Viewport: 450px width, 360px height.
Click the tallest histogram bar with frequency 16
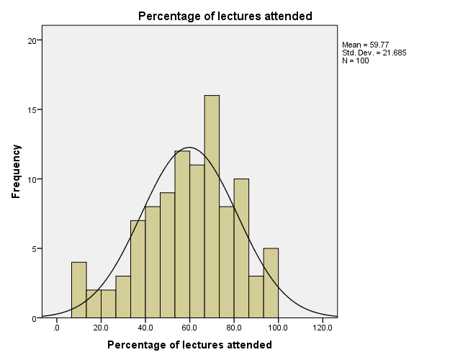pyautogui.click(x=212, y=209)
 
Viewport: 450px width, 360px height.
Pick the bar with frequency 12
pyautogui.click(x=182, y=235)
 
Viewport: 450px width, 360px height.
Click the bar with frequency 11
pyautogui.click(x=197, y=242)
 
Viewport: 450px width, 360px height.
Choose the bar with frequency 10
pyautogui.click(x=241, y=248)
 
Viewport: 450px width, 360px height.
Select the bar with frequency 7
pyautogui.click(x=138, y=269)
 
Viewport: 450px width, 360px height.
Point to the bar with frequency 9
pyautogui.click(x=167, y=256)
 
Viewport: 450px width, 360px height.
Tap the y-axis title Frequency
pyautogui.click(x=15, y=171)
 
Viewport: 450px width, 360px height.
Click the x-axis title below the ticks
pyautogui.click(x=189, y=345)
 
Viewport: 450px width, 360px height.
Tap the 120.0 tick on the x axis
pyautogui.click(x=322, y=328)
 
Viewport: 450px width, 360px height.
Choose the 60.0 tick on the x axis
pyautogui.click(x=189, y=328)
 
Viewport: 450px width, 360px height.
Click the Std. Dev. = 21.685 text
pyautogui.click(x=374, y=53)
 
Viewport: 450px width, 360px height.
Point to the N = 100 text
pyautogui.click(x=356, y=60)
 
